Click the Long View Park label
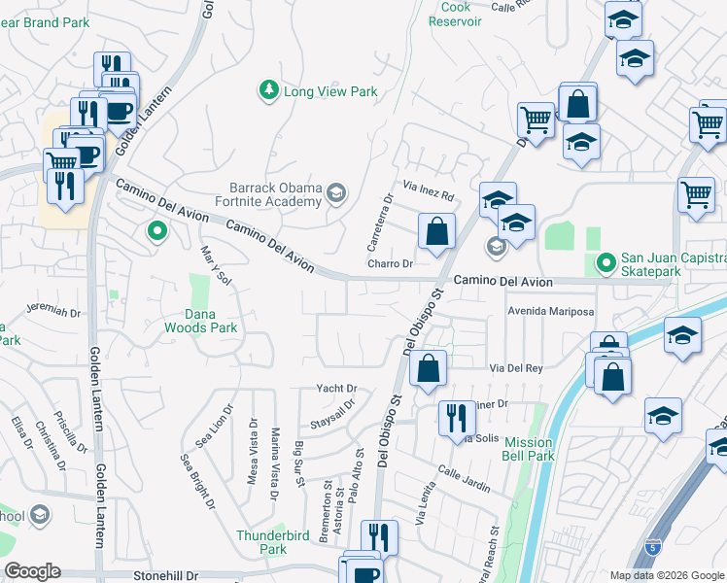point(329,92)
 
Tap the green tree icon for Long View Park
point(268,91)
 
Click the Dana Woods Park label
point(212,321)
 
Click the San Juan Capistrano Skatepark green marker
point(606,262)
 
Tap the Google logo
point(31,571)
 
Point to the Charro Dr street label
point(391,263)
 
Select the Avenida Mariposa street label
point(550,312)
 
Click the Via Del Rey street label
point(515,368)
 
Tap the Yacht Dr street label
point(336,389)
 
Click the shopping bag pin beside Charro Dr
point(436,232)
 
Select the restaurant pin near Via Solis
point(455,418)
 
